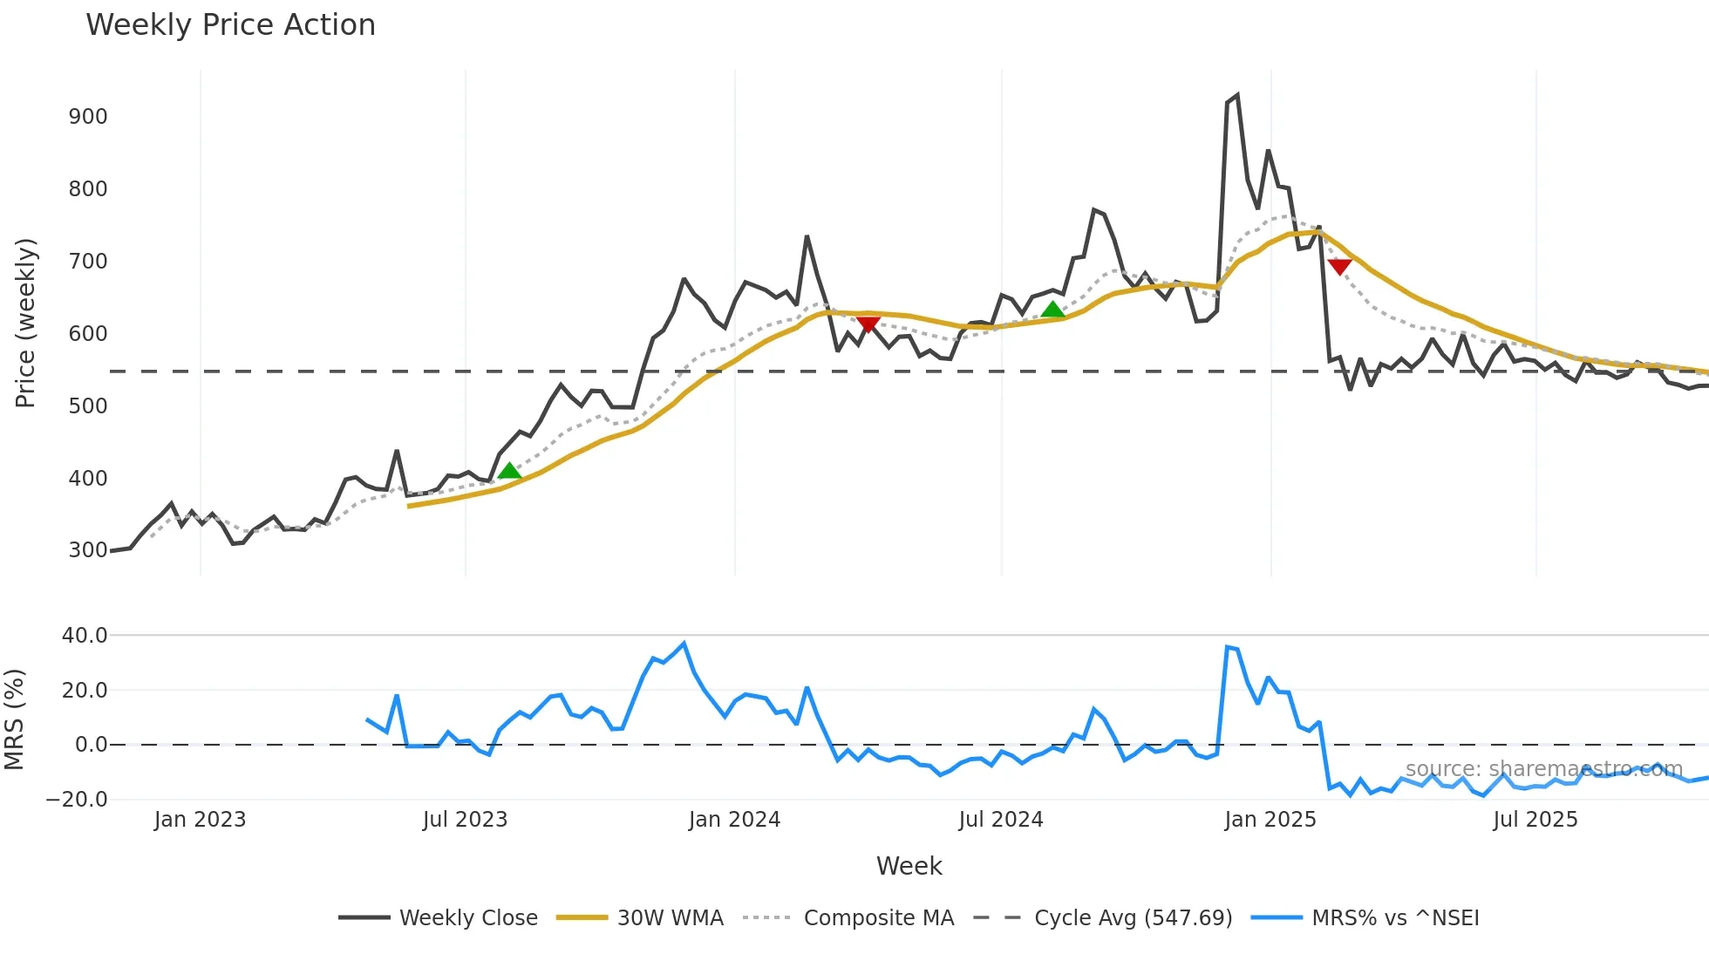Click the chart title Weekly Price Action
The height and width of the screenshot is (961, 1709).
click(230, 25)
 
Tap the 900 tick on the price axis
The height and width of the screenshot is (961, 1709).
click(88, 117)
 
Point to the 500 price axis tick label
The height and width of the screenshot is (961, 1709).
click(88, 406)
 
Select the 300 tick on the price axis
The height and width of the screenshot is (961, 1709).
click(88, 550)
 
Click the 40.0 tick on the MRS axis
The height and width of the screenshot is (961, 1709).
click(85, 636)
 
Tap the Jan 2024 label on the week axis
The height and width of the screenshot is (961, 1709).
click(734, 820)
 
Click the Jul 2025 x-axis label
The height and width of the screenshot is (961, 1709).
click(1535, 820)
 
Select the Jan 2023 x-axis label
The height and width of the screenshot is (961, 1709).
click(200, 820)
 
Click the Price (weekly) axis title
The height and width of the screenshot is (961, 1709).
click(25, 323)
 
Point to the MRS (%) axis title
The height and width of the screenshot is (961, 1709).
click(14, 719)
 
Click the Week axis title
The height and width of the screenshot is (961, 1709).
click(909, 866)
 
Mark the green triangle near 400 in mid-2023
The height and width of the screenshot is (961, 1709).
click(509, 471)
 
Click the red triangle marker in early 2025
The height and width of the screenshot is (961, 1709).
click(1339, 266)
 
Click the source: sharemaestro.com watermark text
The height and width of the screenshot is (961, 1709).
click(1543, 769)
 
